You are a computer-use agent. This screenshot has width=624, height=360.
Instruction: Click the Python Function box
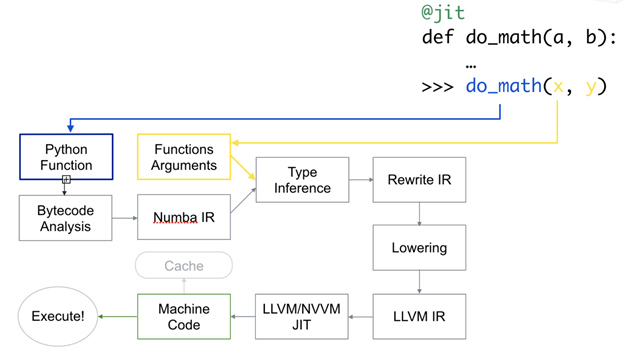(67, 157)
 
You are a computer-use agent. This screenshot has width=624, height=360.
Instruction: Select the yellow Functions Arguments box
(184, 157)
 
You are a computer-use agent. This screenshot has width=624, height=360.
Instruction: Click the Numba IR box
(184, 218)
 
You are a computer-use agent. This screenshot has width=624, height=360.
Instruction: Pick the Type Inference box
(302, 180)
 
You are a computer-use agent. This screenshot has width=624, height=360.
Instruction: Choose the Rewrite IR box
(418, 180)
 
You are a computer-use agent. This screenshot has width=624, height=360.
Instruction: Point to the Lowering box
(418, 247)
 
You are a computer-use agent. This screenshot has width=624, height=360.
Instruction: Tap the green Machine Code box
(184, 317)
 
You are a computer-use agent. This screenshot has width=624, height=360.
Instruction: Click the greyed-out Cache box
(184, 266)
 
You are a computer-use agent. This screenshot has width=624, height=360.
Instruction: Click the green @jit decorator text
(443, 14)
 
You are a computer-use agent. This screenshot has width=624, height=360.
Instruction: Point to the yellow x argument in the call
(559, 87)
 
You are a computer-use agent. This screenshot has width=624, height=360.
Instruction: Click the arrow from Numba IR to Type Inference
(243, 203)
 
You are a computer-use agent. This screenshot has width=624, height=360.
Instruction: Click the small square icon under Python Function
(67, 180)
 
